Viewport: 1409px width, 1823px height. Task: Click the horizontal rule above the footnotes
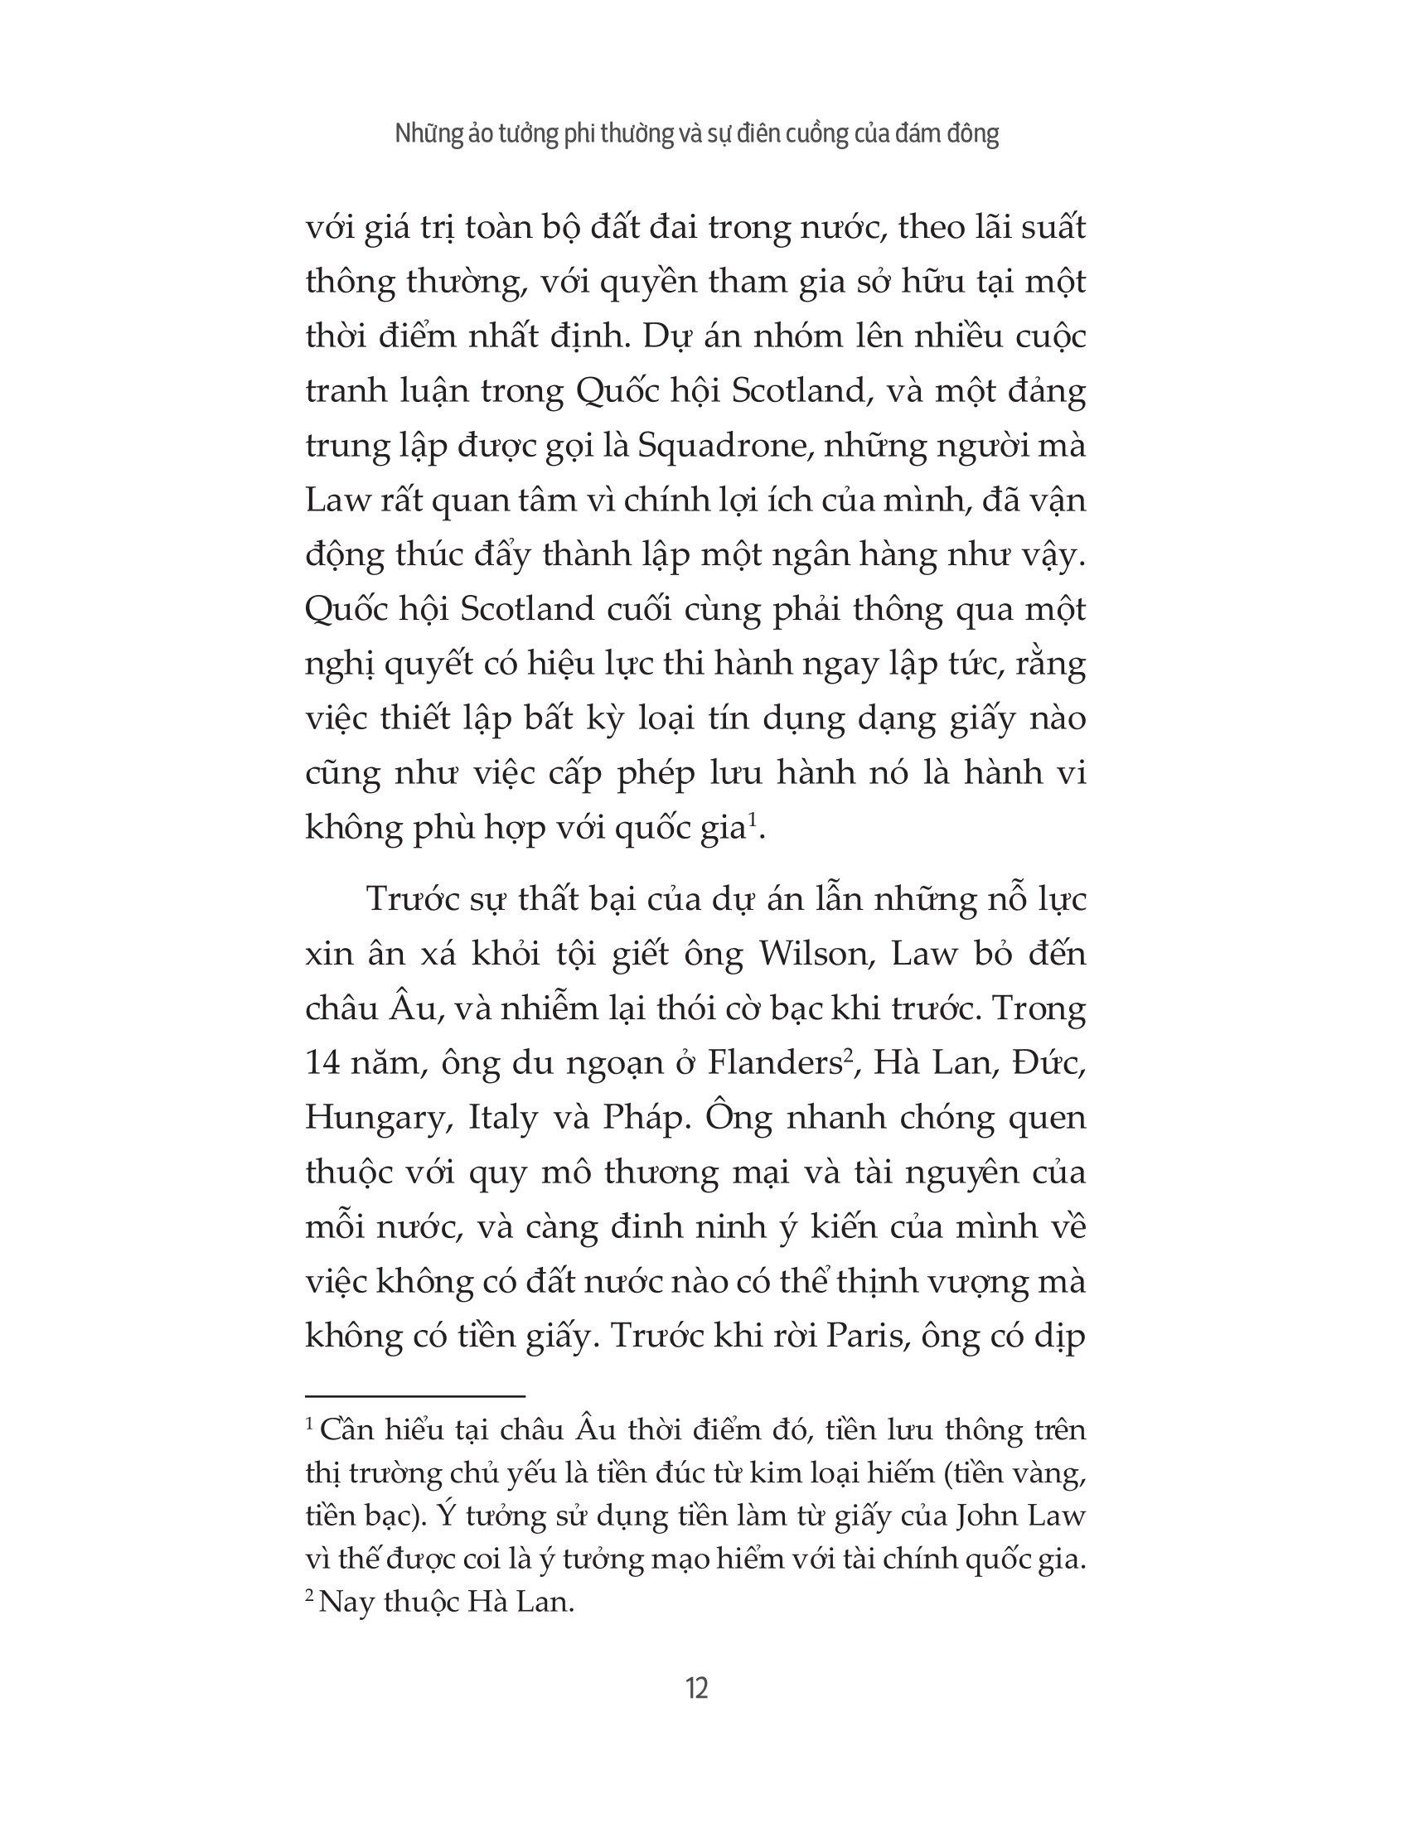point(415,1395)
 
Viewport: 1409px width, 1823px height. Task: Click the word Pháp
point(643,1118)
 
